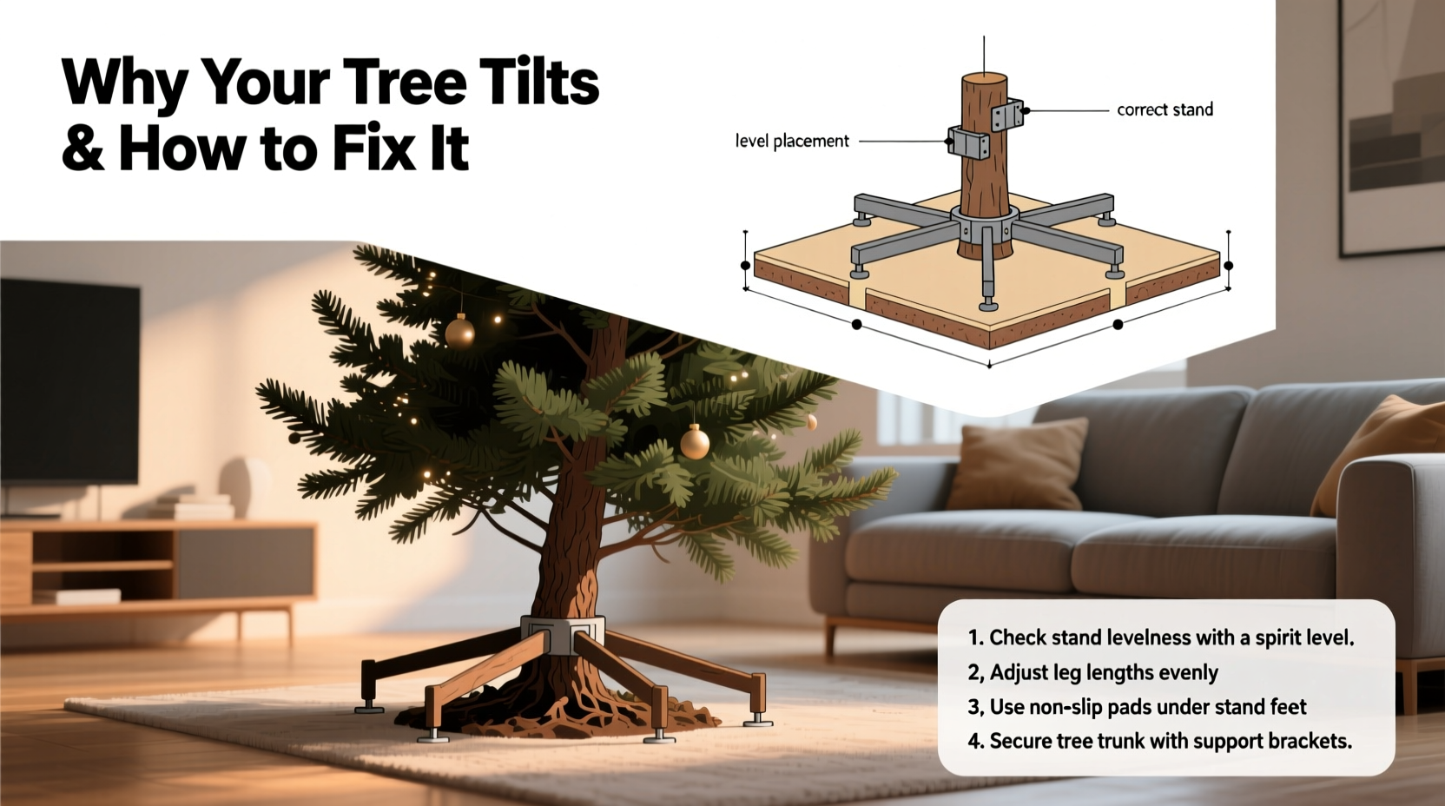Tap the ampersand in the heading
pyautogui.click(x=82, y=148)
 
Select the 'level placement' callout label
pyautogui.click(x=791, y=141)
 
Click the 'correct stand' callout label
pyautogui.click(x=1165, y=109)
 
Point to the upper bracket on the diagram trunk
pyautogui.click(x=1007, y=115)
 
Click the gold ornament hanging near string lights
pyautogui.click(x=459, y=332)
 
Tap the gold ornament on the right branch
pyautogui.click(x=694, y=443)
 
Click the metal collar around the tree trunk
pyautogui.click(x=562, y=634)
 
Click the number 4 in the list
pyautogui.click(x=974, y=742)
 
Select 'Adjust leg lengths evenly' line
pyautogui.click(x=1103, y=672)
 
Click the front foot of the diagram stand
pyautogui.click(x=988, y=303)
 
